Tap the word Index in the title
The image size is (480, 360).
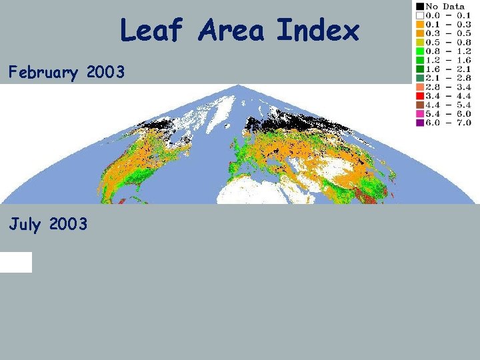(x=317, y=31)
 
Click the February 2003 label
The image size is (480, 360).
(x=67, y=73)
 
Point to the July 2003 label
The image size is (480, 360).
(x=48, y=225)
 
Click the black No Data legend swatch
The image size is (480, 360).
(x=420, y=6)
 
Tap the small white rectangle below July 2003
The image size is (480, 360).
(x=16, y=262)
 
